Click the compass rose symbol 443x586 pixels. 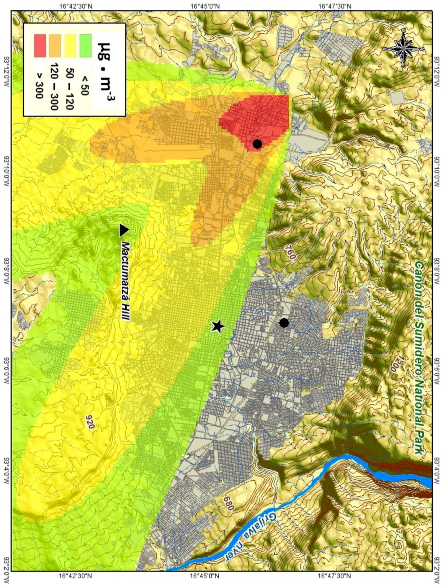pos(403,48)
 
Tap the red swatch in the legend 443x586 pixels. pos(40,46)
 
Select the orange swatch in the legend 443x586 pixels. pos(55,46)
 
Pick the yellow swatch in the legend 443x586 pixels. pos(70,46)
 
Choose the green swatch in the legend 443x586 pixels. pos(85,46)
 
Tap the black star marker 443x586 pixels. pos(218,326)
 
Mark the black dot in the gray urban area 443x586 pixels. pos(284,323)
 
